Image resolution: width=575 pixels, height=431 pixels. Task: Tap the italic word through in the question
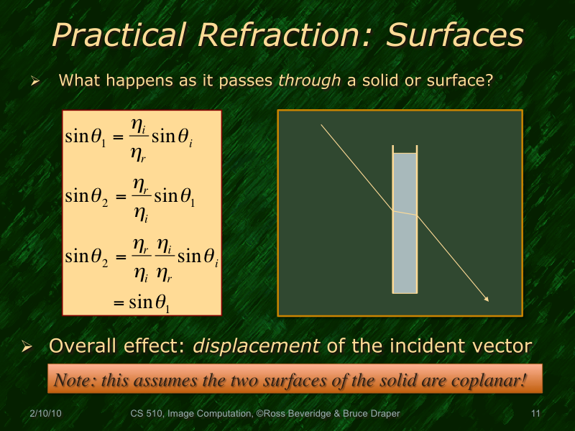point(309,80)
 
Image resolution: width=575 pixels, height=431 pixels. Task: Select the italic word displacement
point(257,346)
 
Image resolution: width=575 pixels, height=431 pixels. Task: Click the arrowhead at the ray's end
point(487,299)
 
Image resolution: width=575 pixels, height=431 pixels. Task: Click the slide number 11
point(534,414)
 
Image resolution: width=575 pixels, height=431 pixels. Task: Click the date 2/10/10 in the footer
point(45,414)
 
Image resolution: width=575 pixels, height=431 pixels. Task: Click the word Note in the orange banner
point(73,379)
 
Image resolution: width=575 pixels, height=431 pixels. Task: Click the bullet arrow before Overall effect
point(28,347)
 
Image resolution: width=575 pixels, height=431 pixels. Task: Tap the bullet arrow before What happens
point(33,81)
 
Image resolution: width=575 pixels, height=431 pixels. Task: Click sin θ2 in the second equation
point(86,195)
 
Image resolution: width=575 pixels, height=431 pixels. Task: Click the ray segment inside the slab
point(405,213)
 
